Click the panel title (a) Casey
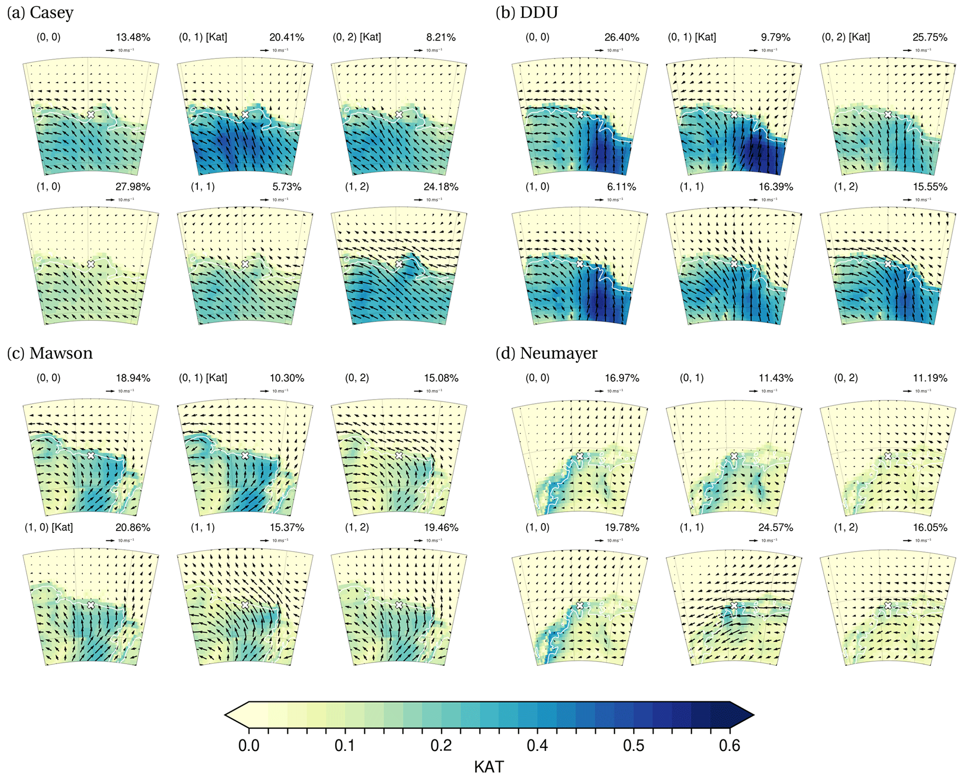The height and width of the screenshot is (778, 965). (x=40, y=13)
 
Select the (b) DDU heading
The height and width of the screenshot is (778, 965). (x=527, y=13)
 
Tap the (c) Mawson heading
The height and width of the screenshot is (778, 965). (x=50, y=353)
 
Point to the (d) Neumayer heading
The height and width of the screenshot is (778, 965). (x=546, y=353)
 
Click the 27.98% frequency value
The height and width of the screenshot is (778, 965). (x=133, y=187)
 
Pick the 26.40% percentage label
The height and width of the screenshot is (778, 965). (x=622, y=37)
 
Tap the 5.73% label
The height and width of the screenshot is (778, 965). (x=287, y=187)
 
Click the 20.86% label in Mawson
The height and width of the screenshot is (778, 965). (x=133, y=527)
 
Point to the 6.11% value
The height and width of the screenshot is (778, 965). (x=622, y=187)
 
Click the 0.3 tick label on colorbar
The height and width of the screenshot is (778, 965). (x=441, y=745)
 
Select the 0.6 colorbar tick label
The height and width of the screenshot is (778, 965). (x=729, y=745)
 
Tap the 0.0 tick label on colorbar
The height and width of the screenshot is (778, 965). (x=249, y=745)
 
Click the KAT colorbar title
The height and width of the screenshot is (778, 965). (x=489, y=767)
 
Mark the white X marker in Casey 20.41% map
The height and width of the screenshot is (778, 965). (x=245, y=114)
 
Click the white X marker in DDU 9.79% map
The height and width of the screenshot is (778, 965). (x=734, y=114)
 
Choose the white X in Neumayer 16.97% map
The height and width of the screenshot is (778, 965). (x=580, y=456)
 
